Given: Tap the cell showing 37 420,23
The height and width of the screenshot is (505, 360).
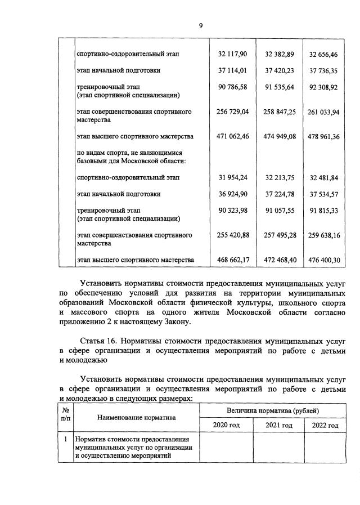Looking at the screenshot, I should [280, 70].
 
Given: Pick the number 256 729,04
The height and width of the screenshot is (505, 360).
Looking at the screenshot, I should [233, 112].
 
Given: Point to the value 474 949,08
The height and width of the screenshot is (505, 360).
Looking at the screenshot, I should [280, 136].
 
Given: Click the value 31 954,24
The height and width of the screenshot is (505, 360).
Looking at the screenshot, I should [233, 177].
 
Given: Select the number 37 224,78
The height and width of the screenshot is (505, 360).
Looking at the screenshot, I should [280, 194].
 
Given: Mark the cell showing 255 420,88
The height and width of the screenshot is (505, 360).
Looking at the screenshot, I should [233, 235].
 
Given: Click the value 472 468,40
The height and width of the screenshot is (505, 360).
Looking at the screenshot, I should [280, 260].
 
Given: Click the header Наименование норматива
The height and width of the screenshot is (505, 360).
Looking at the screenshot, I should [137, 418].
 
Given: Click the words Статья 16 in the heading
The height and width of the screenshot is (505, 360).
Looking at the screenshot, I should [100, 341].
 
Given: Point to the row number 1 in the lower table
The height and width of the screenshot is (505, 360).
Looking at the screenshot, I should [66, 439].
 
